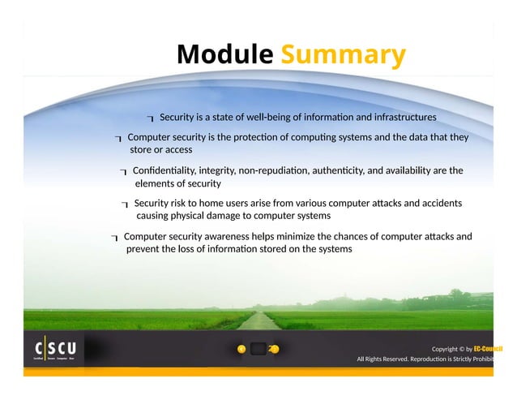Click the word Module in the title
[225, 54]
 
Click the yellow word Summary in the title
[343, 55]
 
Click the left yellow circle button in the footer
[241, 349]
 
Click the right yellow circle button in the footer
[275, 349]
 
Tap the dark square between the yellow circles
[258, 349]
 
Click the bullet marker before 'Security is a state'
[151, 119]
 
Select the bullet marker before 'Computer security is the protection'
[118, 139]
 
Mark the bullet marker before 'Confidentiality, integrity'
[123, 172]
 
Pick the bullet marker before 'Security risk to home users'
[125, 204]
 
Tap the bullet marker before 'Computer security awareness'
[115, 238]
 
